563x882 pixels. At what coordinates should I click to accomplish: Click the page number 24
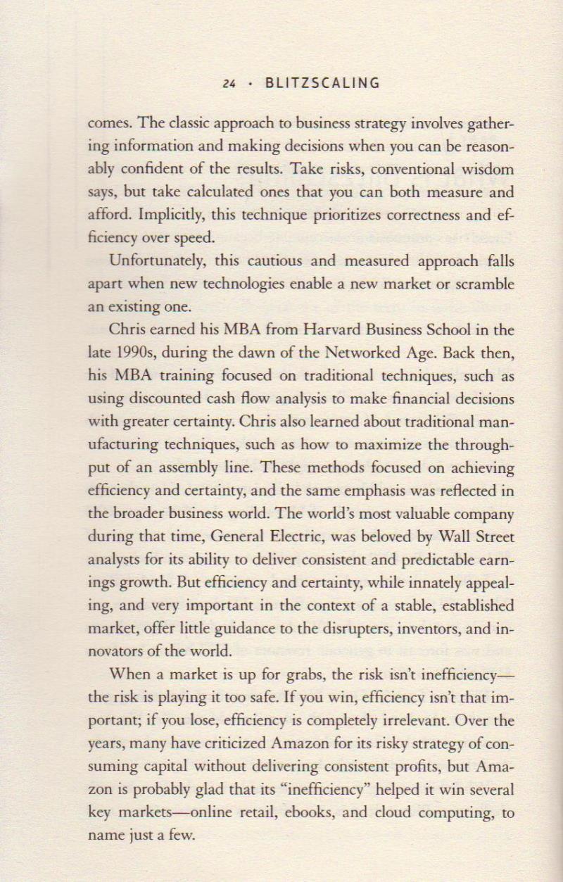pos(228,84)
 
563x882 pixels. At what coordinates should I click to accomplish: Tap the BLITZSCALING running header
pos(322,83)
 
